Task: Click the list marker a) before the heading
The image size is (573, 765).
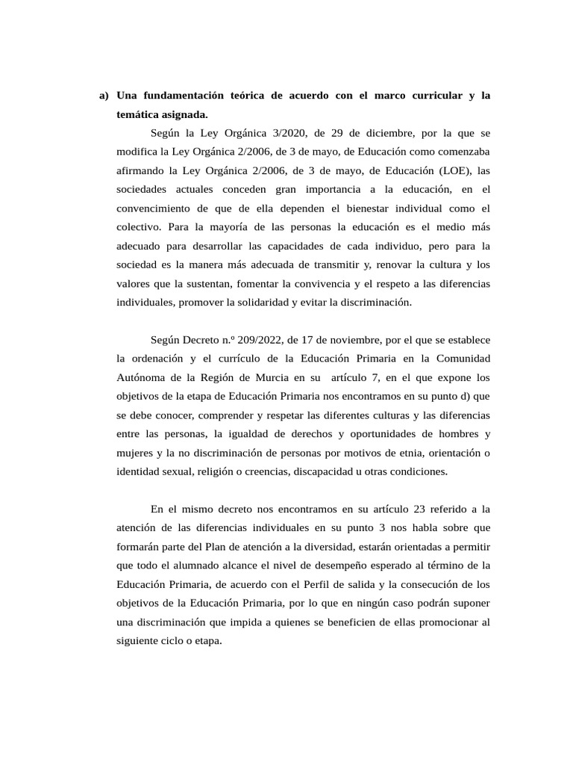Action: [104, 96]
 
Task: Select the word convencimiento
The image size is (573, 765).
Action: [155, 208]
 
